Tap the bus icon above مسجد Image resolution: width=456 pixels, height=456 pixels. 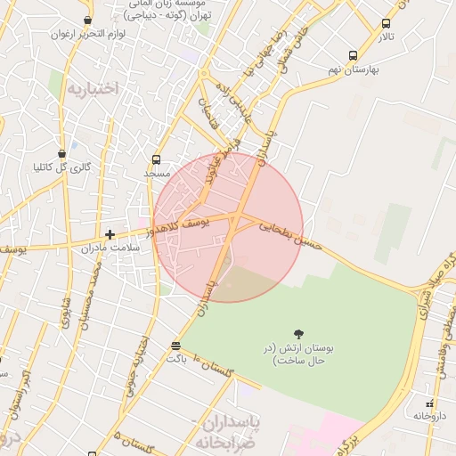click(157, 160)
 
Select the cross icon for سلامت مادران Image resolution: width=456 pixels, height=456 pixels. click(110, 235)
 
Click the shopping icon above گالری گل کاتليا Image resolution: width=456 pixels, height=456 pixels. click(61, 152)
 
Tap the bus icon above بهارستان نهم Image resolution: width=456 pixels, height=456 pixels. click(354, 55)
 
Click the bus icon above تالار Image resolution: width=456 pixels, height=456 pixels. click(386, 24)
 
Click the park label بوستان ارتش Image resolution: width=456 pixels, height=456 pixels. click(293, 354)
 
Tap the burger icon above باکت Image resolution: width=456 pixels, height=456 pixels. click(175, 345)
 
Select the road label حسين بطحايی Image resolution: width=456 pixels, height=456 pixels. click(288, 232)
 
